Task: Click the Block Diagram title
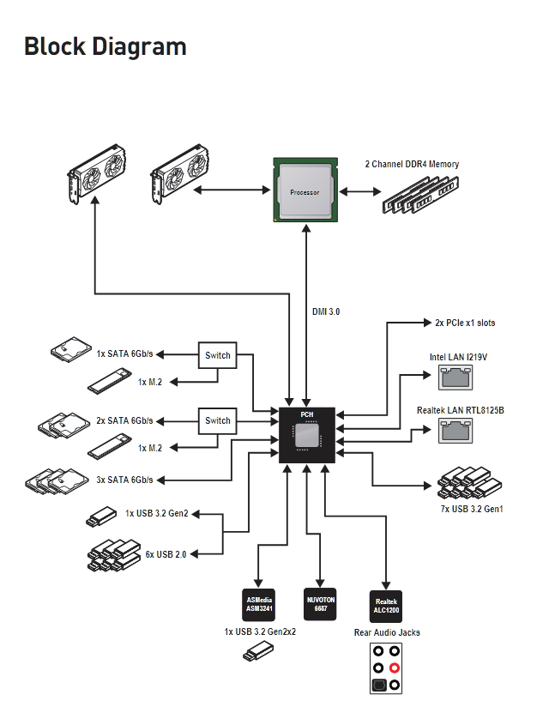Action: tap(106, 45)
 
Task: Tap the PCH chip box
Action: tap(307, 434)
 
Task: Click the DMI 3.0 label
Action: tap(326, 312)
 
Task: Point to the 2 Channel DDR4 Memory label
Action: tap(412, 164)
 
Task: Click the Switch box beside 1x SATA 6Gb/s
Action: tap(218, 354)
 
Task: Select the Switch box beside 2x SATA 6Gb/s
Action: tap(218, 420)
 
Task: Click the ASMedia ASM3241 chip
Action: tap(259, 604)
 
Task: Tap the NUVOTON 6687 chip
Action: tap(322, 604)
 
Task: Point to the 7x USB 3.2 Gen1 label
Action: tap(471, 509)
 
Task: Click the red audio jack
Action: tap(395, 668)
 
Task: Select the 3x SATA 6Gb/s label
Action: tap(124, 479)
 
